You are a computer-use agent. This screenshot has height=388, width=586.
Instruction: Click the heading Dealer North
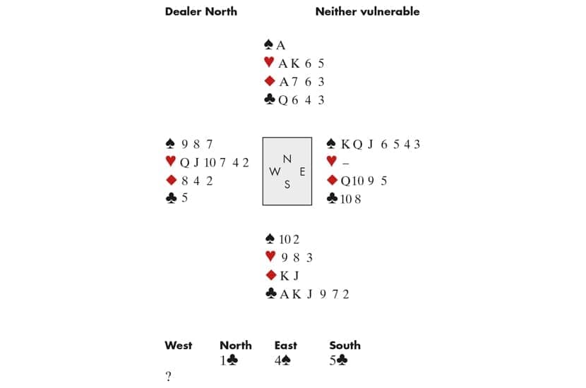tap(201, 11)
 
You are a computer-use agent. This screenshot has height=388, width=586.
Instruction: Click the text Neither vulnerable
tap(367, 11)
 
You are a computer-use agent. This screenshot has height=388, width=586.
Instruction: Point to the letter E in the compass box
tap(301, 171)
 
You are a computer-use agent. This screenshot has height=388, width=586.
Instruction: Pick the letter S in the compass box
tap(287, 185)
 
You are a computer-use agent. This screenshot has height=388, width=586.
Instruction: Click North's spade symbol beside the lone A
tap(269, 45)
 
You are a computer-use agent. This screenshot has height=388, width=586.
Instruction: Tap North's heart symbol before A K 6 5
tap(269, 63)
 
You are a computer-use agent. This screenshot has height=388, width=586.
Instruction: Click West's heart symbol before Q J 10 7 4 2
tap(170, 162)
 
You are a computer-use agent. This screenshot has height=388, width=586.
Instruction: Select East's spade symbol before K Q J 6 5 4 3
tap(332, 144)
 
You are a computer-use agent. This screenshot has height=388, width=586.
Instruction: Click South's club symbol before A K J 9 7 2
tap(270, 294)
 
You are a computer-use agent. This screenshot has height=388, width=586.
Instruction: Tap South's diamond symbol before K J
tap(269, 276)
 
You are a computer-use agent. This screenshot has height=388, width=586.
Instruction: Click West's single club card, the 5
tap(185, 199)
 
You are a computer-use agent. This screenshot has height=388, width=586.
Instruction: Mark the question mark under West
tap(168, 377)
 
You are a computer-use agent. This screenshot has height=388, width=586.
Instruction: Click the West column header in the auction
tap(178, 346)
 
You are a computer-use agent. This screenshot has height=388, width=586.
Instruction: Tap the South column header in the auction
tap(345, 346)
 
